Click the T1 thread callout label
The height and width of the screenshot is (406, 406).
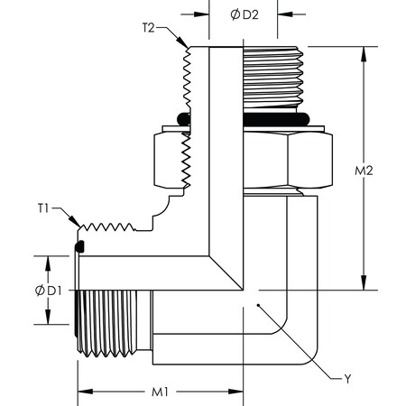pos(43,208)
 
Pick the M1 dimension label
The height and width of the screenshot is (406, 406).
pos(159,392)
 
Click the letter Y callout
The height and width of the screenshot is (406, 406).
pos(347,380)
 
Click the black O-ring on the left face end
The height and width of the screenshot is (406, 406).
pos(79,245)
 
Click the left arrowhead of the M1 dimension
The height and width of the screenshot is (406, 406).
pos(81,392)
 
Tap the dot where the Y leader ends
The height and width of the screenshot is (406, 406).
pos(258,307)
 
